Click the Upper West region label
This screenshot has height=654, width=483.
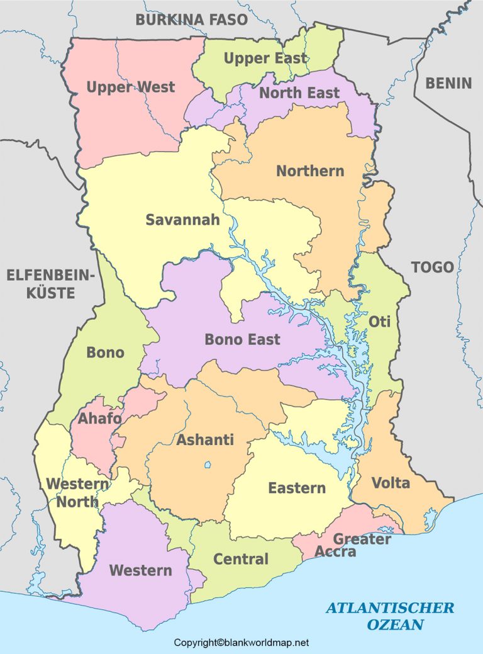click(130, 87)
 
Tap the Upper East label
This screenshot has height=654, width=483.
click(265, 59)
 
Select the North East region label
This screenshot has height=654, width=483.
click(299, 93)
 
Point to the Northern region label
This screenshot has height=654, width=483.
click(310, 171)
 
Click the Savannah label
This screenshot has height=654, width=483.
click(182, 220)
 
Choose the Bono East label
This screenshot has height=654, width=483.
click(242, 339)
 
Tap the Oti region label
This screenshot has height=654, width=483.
click(379, 322)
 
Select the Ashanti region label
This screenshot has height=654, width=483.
click(205, 440)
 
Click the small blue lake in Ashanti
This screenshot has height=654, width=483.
click(207, 466)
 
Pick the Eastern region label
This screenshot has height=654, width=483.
click(297, 488)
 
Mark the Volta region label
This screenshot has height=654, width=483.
click(391, 483)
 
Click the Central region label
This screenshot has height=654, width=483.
click(241, 559)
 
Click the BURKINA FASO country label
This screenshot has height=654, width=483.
click(192, 20)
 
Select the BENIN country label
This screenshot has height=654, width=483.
click(448, 82)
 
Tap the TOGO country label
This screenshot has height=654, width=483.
click(432, 267)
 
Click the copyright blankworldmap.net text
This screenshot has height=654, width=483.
click(241, 643)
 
